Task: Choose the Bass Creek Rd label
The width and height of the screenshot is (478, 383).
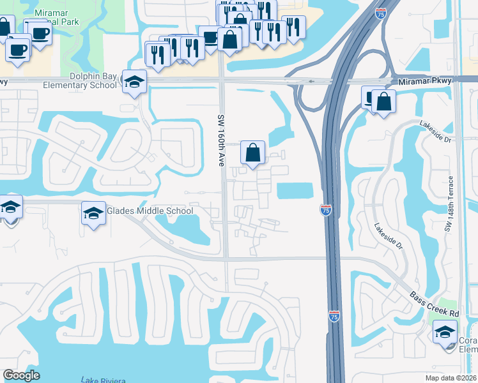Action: pos(435,305)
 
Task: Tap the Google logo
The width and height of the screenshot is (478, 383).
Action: pos(21,375)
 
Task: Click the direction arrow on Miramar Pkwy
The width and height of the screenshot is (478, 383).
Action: pos(311,81)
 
